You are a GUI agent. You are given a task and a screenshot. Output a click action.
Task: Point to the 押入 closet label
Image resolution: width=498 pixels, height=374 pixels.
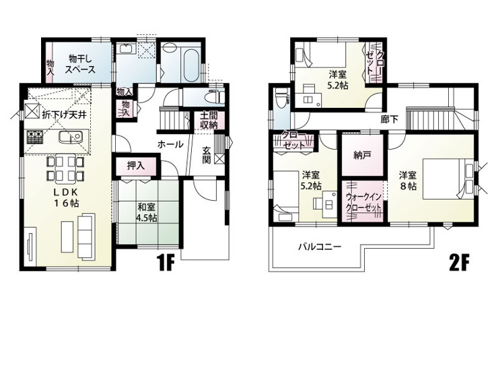coord(136,165)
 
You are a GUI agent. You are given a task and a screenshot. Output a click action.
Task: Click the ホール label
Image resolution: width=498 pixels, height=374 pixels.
coord(170,144)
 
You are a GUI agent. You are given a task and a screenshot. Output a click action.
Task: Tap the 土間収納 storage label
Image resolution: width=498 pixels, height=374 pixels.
coord(207,120)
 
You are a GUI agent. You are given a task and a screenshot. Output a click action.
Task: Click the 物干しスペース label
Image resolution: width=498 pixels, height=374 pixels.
coord(79,63)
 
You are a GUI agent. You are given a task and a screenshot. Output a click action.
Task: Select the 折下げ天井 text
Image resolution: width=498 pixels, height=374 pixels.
coord(64,115)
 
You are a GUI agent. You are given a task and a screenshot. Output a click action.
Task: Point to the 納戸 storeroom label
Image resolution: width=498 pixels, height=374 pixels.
coord(362,154)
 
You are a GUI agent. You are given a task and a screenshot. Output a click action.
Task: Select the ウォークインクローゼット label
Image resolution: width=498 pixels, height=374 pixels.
coord(363,202)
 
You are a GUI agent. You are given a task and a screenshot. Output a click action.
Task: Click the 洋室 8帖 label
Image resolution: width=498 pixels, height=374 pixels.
coord(407,179)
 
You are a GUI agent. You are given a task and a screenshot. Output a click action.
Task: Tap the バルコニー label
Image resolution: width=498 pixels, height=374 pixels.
coord(320,247)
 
